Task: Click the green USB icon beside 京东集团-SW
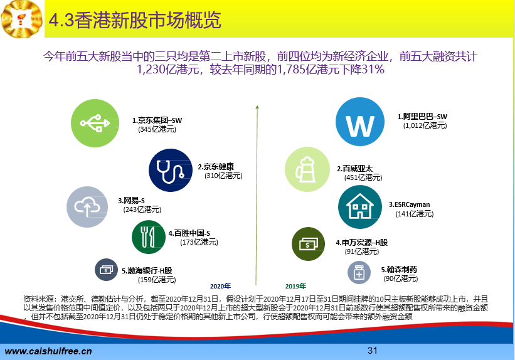95,123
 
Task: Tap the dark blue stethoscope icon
171,170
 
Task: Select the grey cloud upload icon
87,207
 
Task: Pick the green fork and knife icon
149,237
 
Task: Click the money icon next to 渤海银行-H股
106,270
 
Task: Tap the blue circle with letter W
360,122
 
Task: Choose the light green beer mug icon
307,169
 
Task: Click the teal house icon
360,207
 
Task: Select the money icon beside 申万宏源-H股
308,244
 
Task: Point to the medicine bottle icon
359,273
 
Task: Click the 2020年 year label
220,287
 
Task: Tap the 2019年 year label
295,287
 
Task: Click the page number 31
373,351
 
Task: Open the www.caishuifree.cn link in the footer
48,351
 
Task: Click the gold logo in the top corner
22,19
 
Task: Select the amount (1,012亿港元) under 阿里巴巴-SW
425,125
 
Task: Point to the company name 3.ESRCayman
409,204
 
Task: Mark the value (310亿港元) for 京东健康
223,176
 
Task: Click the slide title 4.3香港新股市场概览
135,20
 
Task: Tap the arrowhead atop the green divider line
257,107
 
